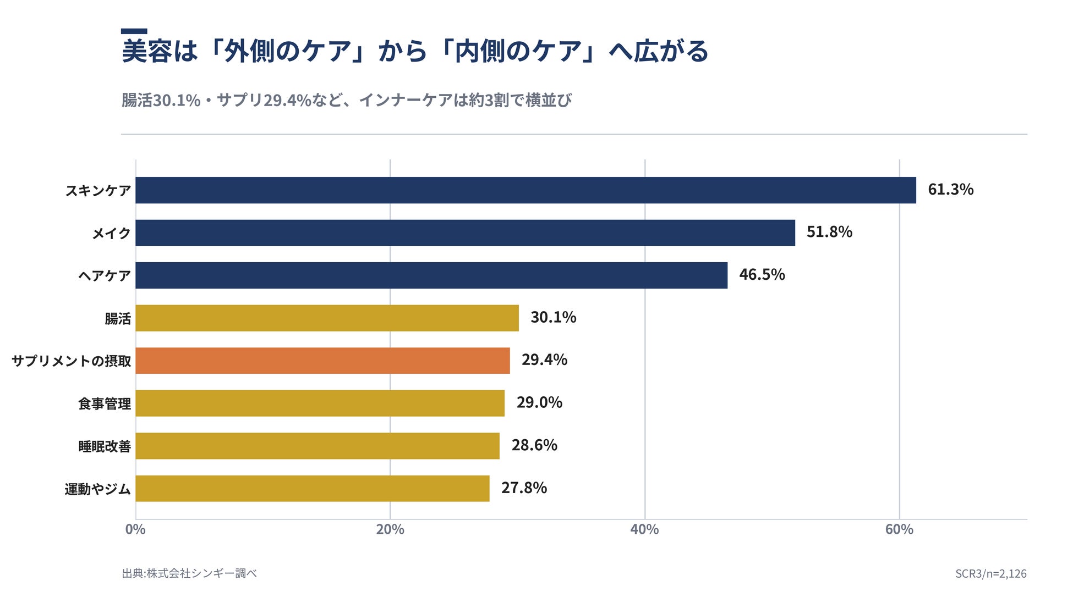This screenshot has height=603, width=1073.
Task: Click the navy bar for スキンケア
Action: (x=525, y=190)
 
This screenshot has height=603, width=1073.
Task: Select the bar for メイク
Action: (x=465, y=233)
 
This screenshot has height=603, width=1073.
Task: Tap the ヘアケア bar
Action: (x=431, y=275)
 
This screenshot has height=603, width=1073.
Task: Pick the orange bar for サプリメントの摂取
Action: (x=322, y=361)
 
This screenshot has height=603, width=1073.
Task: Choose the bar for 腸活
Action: (x=327, y=318)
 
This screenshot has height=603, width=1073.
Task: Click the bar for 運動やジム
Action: (x=313, y=488)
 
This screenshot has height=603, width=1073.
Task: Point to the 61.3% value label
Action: (x=950, y=190)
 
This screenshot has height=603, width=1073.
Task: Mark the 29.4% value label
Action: (x=544, y=360)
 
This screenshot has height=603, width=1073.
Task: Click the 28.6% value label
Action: (x=534, y=445)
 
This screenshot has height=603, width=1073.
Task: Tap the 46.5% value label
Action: (x=762, y=275)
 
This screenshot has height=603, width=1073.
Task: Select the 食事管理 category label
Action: (x=105, y=404)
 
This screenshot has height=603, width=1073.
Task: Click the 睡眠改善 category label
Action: (x=105, y=446)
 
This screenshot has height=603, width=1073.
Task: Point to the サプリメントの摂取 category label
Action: (x=72, y=361)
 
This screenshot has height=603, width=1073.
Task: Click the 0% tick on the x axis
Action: (x=135, y=529)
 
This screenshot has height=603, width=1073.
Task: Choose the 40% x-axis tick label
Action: (x=644, y=529)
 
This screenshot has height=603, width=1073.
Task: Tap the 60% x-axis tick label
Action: (x=899, y=529)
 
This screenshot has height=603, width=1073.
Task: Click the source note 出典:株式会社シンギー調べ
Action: (x=189, y=573)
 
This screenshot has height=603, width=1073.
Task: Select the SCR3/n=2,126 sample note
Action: (x=990, y=574)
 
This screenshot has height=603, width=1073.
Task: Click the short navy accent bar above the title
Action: (x=134, y=31)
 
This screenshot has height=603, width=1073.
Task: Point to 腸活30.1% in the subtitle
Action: (x=161, y=100)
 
